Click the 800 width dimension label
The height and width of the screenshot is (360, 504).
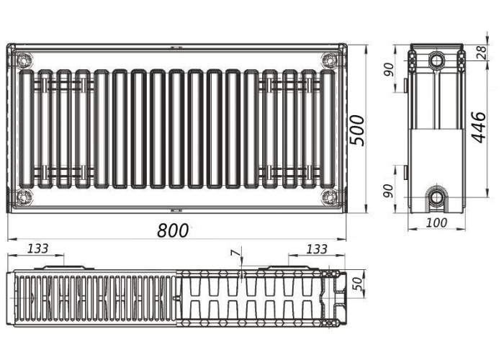pos(173,230)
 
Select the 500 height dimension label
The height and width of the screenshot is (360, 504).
pos(357,130)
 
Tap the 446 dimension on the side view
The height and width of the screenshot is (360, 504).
pos(479,127)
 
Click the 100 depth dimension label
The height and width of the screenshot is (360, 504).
pos(436,222)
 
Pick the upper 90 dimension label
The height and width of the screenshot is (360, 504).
pos(389,69)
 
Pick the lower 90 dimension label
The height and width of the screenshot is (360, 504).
pos(389,191)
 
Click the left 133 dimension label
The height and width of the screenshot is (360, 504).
pos(38,248)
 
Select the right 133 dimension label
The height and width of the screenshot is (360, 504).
pos(317,249)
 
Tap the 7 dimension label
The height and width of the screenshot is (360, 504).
pos(235,253)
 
